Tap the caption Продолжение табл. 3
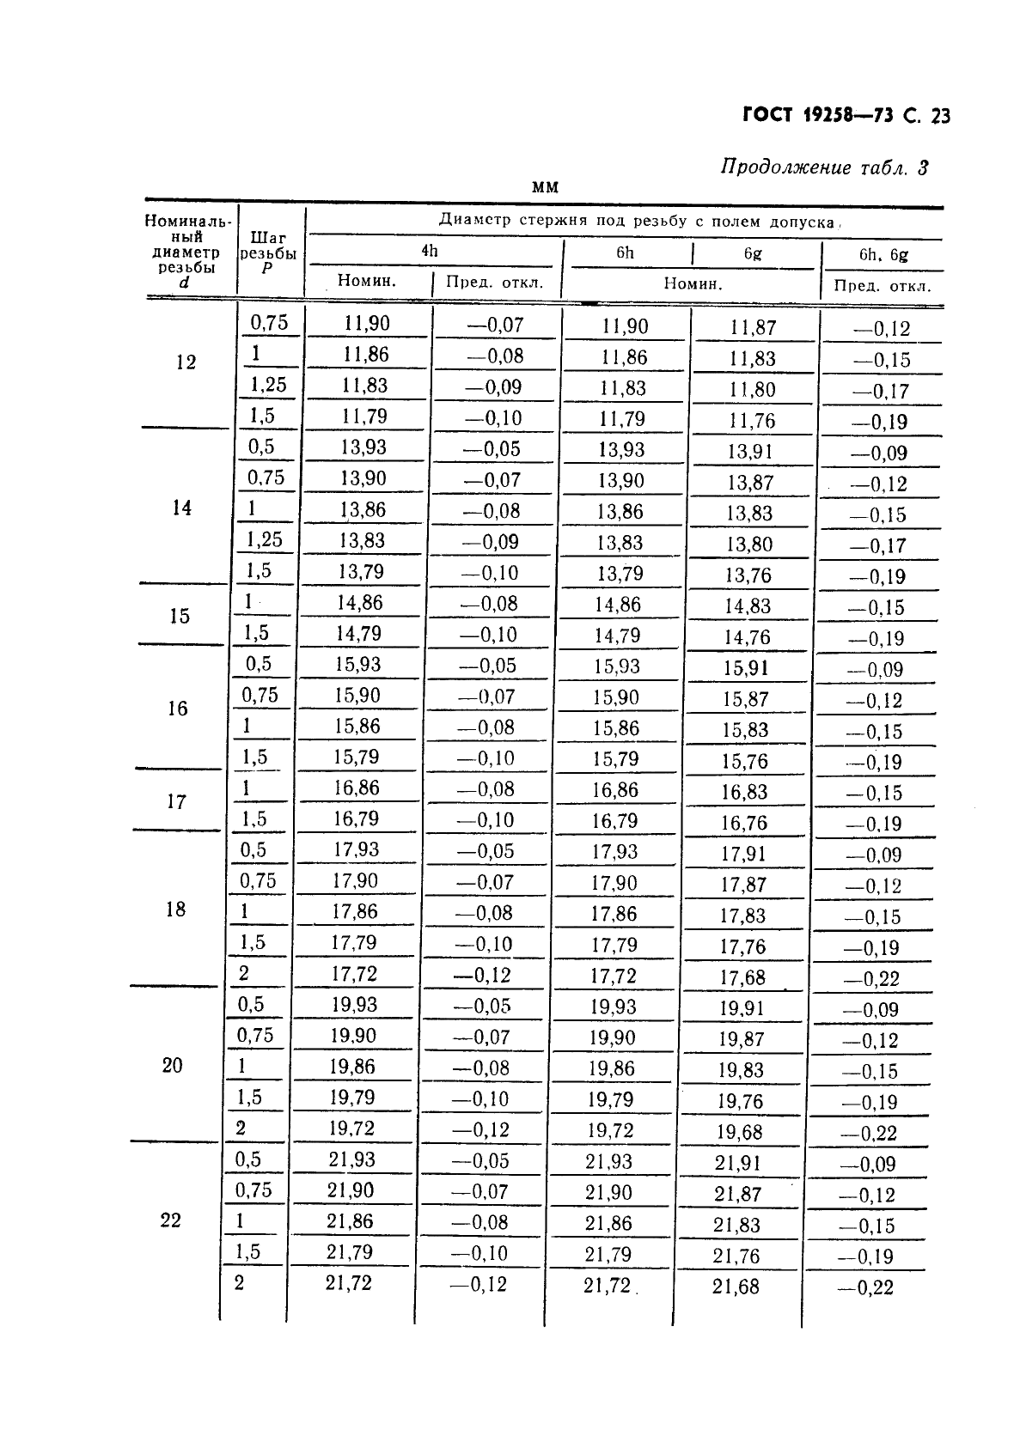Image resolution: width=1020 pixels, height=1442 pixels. pos(824,167)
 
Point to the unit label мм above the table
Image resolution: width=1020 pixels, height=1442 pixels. pos(545,187)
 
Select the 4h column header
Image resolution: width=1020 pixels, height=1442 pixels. pos(430,251)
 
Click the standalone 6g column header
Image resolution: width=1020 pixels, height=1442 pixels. pos(753,253)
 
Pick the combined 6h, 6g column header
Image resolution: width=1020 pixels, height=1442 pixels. pos(883,254)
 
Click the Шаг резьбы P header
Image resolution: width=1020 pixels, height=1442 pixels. pos(267,253)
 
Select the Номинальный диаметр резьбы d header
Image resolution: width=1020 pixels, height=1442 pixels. pos(186,251)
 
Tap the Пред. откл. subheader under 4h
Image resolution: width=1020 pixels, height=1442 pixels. pos(495,283)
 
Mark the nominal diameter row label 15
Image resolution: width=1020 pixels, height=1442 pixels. pos(180,616)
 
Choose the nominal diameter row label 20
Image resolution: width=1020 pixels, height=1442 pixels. pos(173,1065)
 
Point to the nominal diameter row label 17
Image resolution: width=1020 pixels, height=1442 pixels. pos(176,801)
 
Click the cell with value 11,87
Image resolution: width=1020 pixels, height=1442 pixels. pos(753,327)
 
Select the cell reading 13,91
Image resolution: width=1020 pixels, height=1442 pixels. pos(750,451)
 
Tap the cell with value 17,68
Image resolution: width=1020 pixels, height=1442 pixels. pos(742,977)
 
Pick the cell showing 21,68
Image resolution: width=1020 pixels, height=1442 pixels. pos(736,1287)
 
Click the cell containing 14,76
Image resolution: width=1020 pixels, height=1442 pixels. pos(747,637)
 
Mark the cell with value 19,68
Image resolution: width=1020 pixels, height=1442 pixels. pos(741,1132)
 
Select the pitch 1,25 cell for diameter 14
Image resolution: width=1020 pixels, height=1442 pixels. pos(265,539)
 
